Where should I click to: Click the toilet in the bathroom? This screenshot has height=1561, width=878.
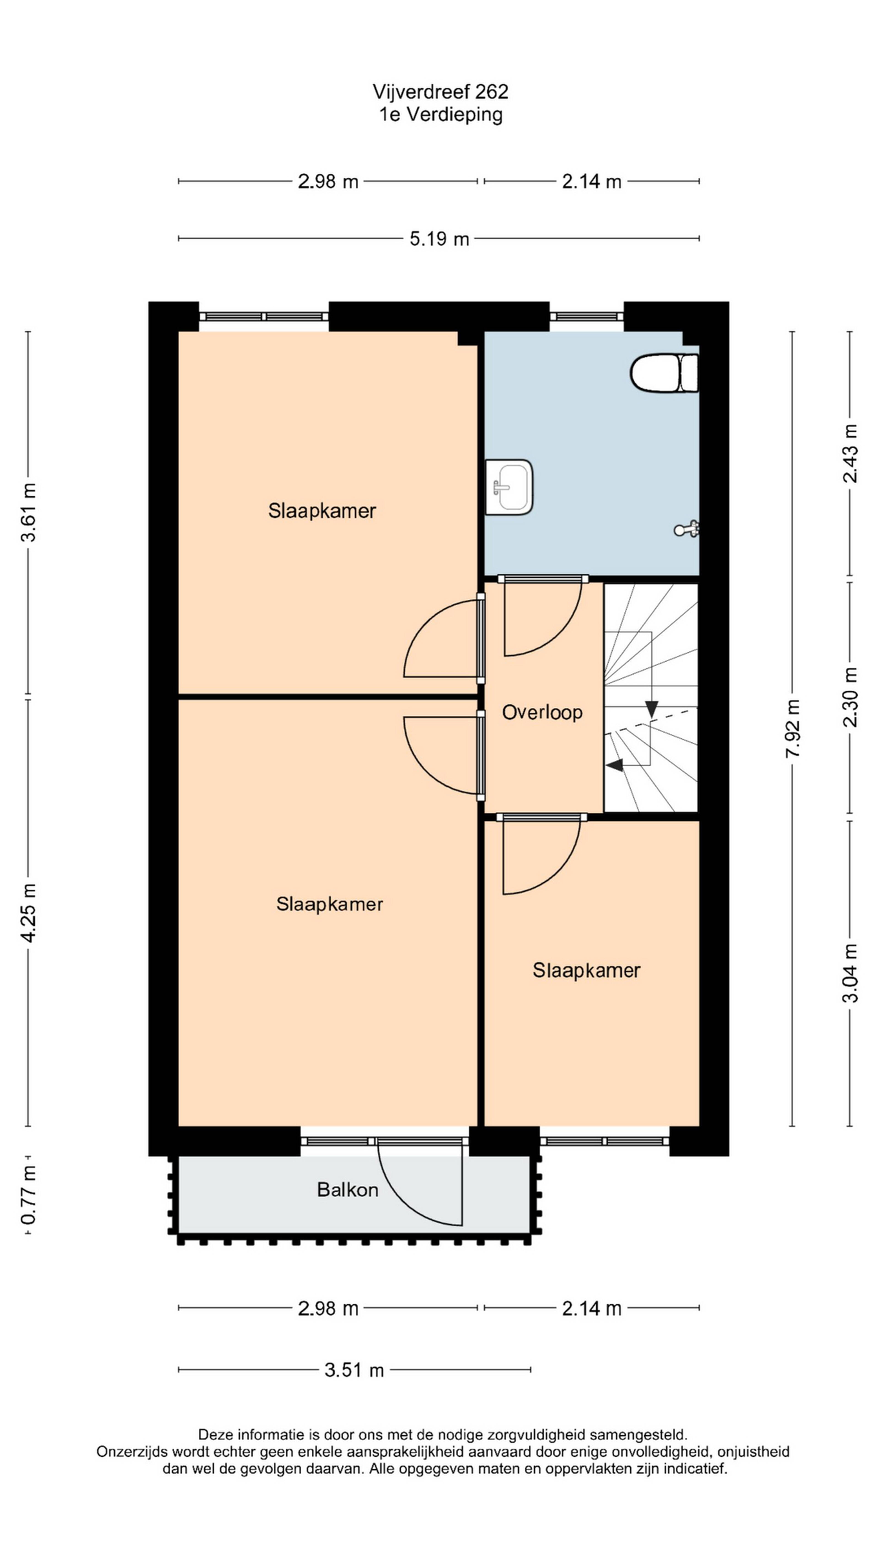point(664,373)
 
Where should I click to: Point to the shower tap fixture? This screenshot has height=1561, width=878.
point(687,529)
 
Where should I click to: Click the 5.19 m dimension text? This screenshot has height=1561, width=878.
point(439,239)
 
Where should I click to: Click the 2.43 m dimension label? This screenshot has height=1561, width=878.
point(851,453)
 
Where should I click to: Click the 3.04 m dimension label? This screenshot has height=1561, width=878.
point(851,973)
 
